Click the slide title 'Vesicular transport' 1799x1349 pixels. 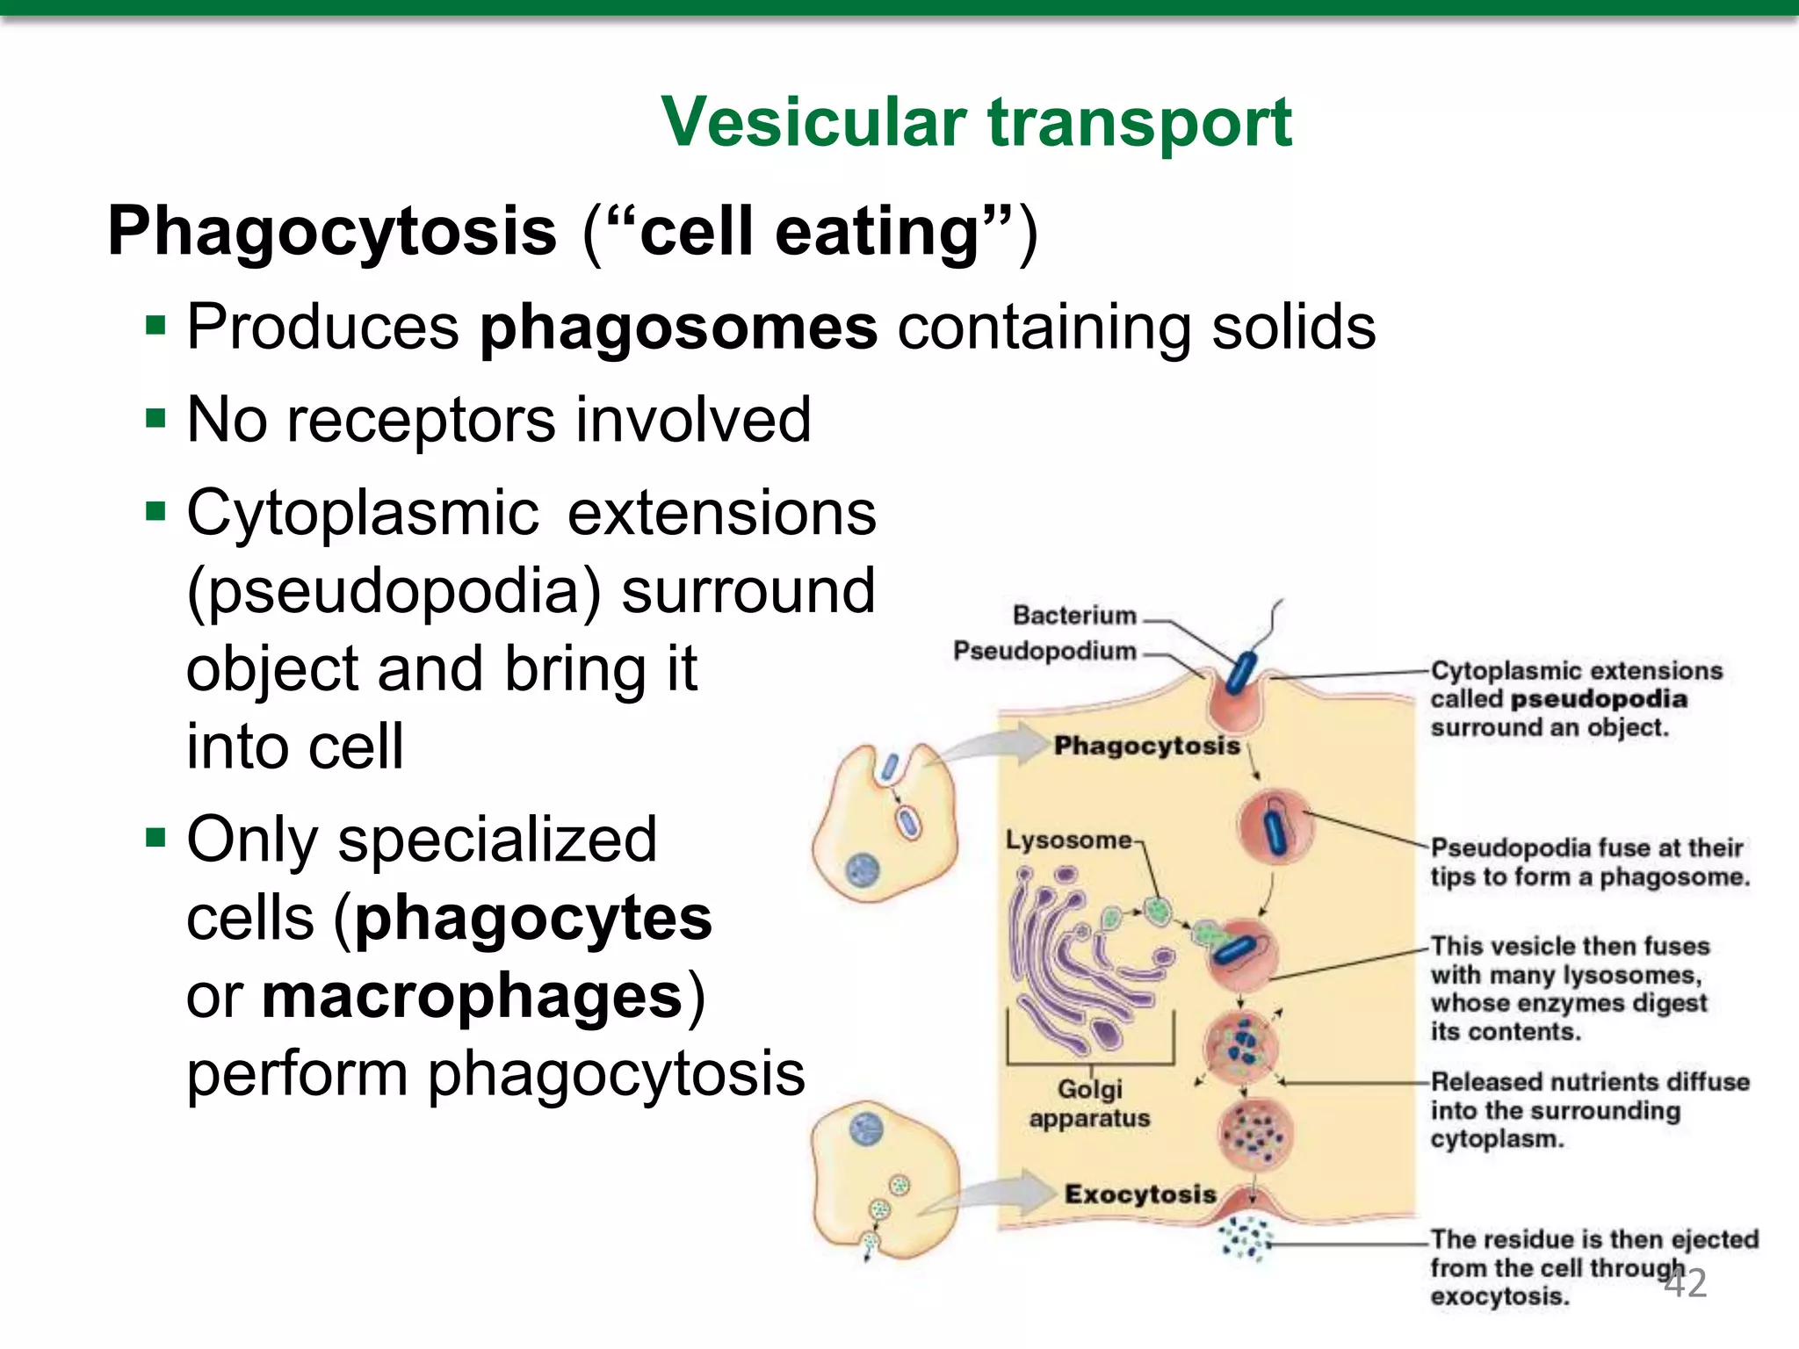(976, 123)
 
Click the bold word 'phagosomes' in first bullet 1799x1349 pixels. (677, 328)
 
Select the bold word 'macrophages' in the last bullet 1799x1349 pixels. (473, 997)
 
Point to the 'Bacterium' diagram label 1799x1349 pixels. (1074, 616)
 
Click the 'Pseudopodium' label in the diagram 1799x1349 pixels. (1045, 652)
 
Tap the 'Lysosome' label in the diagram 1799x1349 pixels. (1068, 840)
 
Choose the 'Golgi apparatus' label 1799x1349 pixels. (1089, 1104)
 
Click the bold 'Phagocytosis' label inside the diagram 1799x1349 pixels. (1146, 747)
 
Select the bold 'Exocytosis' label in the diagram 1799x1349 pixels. (1140, 1194)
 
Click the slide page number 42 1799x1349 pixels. (1686, 1283)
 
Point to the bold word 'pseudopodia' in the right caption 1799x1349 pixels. (1599, 700)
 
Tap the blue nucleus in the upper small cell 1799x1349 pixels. (863, 870)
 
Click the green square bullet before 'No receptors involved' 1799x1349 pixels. (156, 418)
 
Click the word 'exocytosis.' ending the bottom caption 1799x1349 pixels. (1499, 1297)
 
